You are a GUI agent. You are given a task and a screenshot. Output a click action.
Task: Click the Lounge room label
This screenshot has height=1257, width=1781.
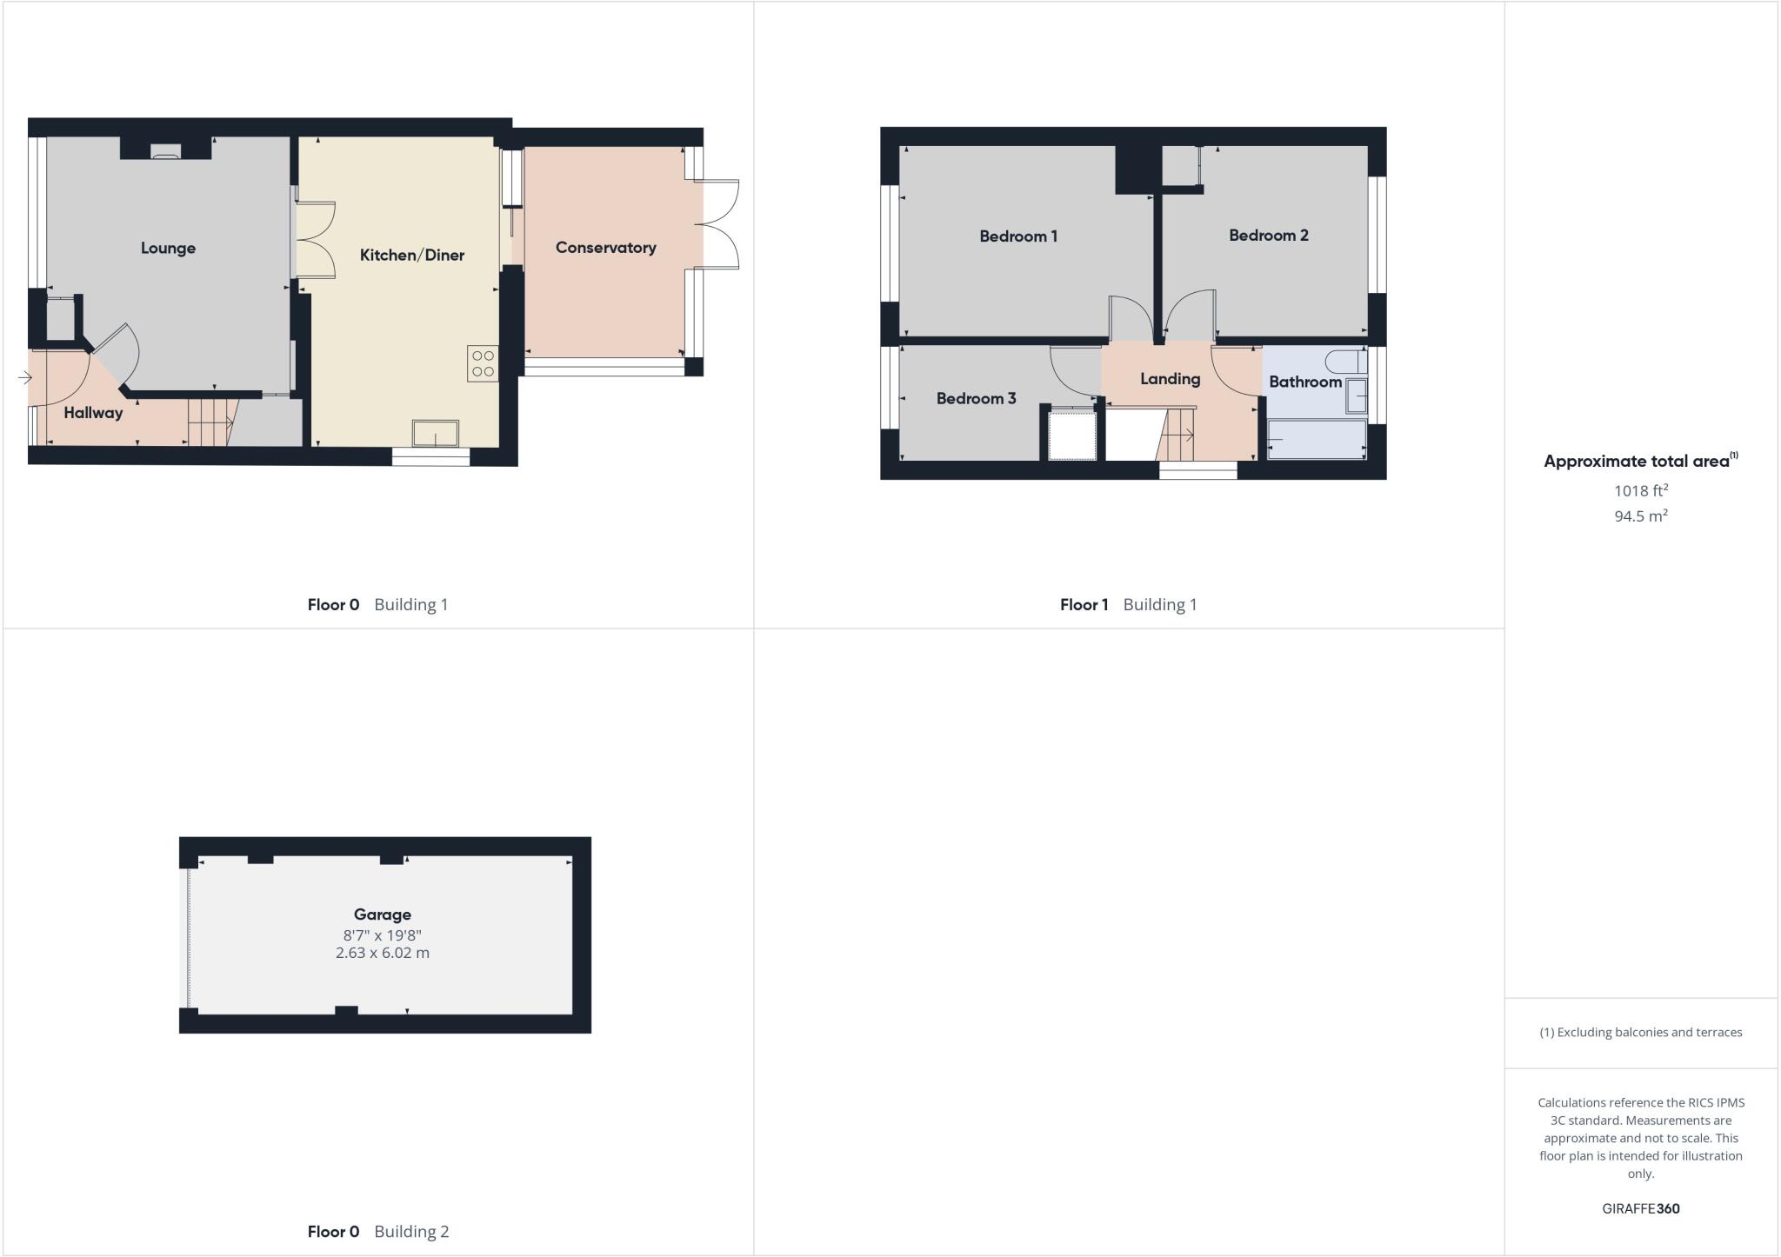[x=168, y=249]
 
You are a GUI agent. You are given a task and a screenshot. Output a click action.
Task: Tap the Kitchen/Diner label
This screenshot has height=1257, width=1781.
[x=412, y=256]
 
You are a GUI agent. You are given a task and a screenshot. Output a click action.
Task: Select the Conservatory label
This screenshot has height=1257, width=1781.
[x=605, y=248]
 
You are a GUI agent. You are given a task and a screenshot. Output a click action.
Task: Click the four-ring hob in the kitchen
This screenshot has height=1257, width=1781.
[x=483, y=363]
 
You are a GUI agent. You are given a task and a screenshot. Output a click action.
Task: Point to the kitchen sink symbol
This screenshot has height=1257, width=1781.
[x=435, y=433]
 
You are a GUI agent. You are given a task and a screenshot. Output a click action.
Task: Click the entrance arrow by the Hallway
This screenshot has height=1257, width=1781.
[x=24, y=378]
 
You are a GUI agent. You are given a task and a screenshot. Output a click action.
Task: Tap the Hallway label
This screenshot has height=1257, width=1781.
[x=93, y=413]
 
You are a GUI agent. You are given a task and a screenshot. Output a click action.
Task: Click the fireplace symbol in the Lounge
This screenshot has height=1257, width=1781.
[x=165, y=151]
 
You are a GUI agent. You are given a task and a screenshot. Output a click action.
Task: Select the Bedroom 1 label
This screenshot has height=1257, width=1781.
[x=1018, y=236]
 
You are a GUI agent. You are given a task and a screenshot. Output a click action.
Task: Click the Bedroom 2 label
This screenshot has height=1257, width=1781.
[x=1268, y=236]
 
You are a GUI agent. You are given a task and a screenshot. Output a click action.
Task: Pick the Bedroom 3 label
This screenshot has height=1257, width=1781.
[x=976, y=399]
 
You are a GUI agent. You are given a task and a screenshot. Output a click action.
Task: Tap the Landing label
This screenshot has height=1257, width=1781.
[x=1170, y=379]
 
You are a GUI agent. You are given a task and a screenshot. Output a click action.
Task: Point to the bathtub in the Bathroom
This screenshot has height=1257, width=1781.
[x=1317, y=440]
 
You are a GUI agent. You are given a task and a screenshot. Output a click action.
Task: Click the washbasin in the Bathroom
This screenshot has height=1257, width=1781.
[x=1357, y=396]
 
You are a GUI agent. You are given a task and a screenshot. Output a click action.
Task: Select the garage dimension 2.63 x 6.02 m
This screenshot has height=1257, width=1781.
[x=383, y=953]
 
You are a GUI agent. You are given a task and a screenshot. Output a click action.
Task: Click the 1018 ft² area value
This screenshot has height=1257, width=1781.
[x=1640, y=491]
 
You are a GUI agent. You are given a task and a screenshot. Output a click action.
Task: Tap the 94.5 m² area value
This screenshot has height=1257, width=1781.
[x=1640, y=516]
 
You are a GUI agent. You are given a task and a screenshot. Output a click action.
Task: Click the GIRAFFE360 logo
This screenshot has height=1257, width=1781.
[x=1640, y=1208]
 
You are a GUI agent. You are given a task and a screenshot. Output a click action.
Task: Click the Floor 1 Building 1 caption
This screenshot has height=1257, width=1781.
[x=1128, y=605]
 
